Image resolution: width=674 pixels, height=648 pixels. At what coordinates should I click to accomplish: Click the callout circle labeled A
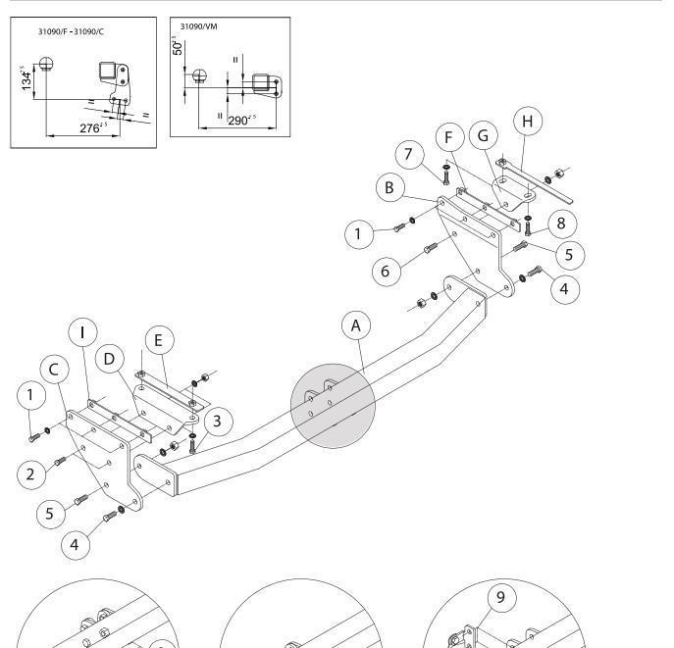click(356, 325)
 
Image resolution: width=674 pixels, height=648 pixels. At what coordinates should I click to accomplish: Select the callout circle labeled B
click(389, 187)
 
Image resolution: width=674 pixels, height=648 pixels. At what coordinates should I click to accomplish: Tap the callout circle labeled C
click(54, 370)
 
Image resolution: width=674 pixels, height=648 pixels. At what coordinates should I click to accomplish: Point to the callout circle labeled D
click(109, 359)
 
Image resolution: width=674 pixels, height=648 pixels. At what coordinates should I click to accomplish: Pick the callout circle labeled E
click(160, 340)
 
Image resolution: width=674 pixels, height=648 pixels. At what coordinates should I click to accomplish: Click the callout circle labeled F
click(449, 137)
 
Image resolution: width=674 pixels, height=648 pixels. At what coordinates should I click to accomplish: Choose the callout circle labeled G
click(483, 135)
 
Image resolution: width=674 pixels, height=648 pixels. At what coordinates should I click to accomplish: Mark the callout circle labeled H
click(528, 122)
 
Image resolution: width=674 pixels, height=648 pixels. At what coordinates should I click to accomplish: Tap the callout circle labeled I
click(82, 332)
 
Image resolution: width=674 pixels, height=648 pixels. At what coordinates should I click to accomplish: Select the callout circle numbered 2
click(31, 474)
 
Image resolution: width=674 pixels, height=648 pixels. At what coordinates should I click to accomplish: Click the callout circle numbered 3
click(218, 422)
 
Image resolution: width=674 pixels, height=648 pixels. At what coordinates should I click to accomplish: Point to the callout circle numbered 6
click(386, 271)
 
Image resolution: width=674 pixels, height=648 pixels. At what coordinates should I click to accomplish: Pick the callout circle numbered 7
click(409, 154)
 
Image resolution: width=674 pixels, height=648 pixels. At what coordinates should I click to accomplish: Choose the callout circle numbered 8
click(561, 224)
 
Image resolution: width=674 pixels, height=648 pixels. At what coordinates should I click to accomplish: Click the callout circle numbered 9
click(501, 597)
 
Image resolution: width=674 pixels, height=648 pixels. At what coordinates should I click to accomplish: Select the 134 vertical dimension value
click(26, 78)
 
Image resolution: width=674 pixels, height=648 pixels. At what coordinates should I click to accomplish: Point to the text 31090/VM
click(198, 26)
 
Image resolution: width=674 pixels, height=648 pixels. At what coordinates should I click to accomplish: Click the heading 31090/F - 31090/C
click(71, 31)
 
